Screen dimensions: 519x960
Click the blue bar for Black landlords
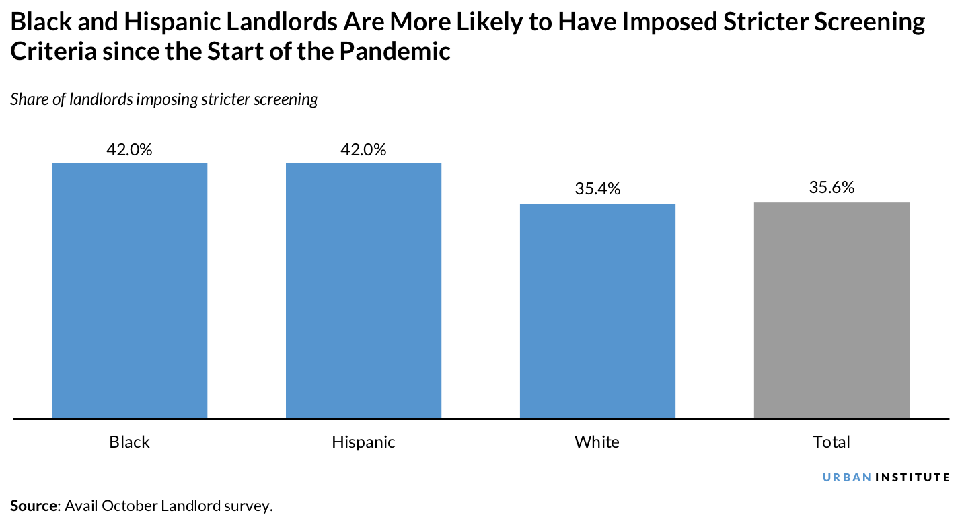point(129,290)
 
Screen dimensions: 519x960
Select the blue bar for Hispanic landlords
point(363,290)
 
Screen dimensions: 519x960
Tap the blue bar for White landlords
point(597,311)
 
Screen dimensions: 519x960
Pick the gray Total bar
point(832,310)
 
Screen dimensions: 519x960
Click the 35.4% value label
point(597,190)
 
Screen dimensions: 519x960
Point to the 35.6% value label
point(832,188)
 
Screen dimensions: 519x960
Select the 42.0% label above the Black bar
point(129,149)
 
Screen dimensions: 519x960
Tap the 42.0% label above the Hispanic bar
point(363,149)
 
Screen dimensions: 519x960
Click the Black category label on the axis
point(129,442)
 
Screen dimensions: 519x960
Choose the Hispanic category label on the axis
point(363,442)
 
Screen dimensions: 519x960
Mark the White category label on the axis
point(597,442)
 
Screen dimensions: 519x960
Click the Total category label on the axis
point(832,442)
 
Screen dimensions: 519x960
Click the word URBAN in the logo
point(847,477)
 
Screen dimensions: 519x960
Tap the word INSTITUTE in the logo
point(913,477)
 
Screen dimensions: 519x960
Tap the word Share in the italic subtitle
point(28,100)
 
